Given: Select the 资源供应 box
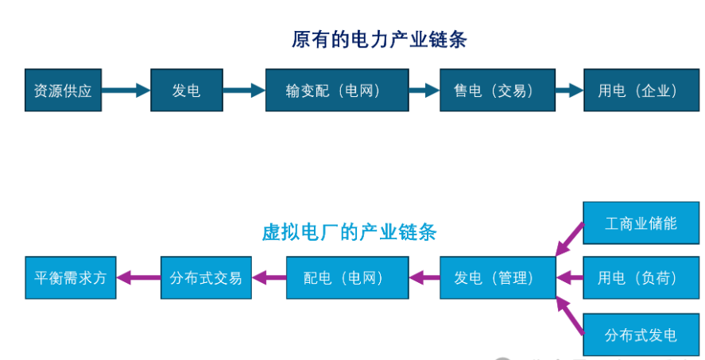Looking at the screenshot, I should (63, 91).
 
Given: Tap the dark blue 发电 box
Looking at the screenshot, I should (186, 91).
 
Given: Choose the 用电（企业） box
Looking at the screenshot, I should (637, 91).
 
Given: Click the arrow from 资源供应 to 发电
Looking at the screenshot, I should (126, 91).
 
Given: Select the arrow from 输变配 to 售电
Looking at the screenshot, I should (424, 91).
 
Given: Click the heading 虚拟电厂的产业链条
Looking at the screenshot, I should (349, 232).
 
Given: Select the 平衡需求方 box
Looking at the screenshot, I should (70, 278).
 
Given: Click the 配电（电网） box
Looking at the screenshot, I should (343, 278).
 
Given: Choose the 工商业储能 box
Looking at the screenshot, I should (641, 223).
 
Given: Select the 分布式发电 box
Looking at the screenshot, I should (641, 335).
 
